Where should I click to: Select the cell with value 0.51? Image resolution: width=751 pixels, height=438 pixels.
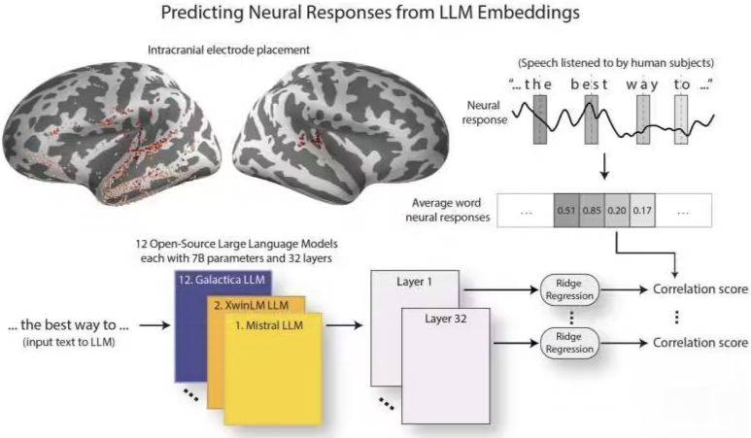click(564, 210)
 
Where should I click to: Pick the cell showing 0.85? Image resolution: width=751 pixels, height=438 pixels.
click(591, 210)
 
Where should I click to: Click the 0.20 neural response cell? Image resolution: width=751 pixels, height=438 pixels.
click(616, 210)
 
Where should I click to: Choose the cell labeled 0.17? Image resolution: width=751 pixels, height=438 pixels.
click(640, 210)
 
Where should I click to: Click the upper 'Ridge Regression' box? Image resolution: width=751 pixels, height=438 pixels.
click(569, 288)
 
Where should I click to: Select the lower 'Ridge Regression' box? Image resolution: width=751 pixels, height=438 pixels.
click(569, 343)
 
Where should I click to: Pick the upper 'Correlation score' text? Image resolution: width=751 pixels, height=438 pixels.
click(700, 288)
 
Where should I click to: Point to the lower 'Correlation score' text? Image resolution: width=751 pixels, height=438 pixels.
click(700, 343)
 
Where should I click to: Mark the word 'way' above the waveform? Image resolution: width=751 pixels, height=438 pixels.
click(642, 84)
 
